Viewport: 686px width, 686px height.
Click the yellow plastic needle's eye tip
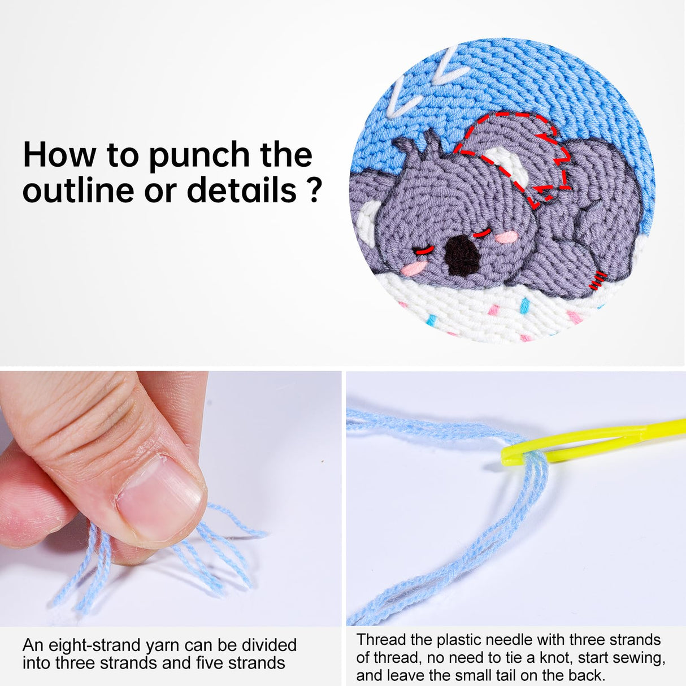click(509, 455)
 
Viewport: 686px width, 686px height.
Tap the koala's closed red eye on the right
click(481, 233)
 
